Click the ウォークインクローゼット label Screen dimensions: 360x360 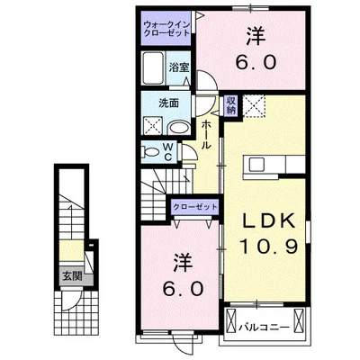pos(166,29)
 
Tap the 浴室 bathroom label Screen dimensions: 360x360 pos(179,67)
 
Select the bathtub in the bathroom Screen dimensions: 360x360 pos(153,68)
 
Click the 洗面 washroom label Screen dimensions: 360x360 pos(168,103)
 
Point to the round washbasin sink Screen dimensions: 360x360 pos(178,128)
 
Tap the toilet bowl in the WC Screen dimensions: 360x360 pos(150,152)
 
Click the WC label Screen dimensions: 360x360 pos(168,152)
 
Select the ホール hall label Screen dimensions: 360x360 pos(206,134)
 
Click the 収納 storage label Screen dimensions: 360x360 pos(231,105)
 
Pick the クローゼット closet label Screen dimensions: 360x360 pos(195,207)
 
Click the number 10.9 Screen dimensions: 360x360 pos(268,247)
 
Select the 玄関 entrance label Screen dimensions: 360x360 pos(72,275)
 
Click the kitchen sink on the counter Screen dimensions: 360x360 pos(256,165)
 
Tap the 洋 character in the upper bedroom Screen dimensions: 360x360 pos(256,37)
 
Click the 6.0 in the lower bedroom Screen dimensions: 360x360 pos(183,289)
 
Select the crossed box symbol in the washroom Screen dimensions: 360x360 pos(153,125)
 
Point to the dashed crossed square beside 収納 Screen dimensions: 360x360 pos(254,105)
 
